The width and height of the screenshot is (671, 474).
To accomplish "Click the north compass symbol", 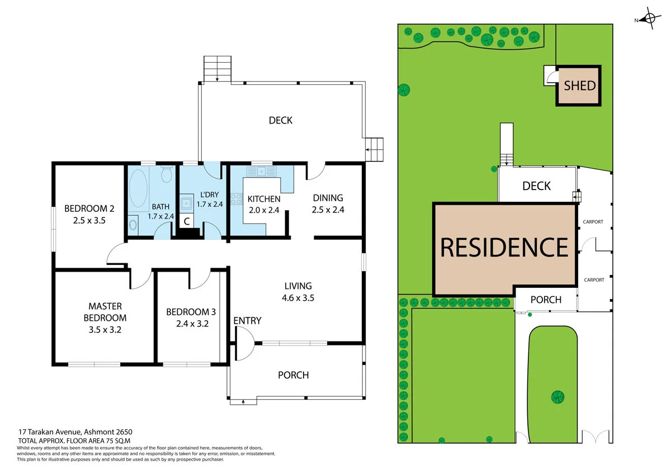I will pyautogui.click(x=649, y=20).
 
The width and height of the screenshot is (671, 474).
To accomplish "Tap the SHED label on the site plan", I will pyautogui.click(x=579, y=86).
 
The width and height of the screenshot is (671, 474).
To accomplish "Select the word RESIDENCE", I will pyautogui.click(x=504, y=247).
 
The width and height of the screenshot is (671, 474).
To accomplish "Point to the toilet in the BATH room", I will pyautogui.click(x=166, y=176).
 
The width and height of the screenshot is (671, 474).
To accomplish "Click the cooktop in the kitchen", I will pyautogui.click(x=235, y=198).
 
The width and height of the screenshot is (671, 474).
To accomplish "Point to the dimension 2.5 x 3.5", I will pyautogui.click(x=89, y=220).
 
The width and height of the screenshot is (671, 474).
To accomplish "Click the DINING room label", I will pyautogui.click(x=328, y=198).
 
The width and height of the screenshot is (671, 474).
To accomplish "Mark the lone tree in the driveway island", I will pyautogui.click(x=557, y=397).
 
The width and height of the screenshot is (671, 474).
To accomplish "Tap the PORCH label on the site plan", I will pyautogui.click(x=546, y=300).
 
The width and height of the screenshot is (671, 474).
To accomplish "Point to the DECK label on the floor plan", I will pyautogui.click(x=280, y=120).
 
